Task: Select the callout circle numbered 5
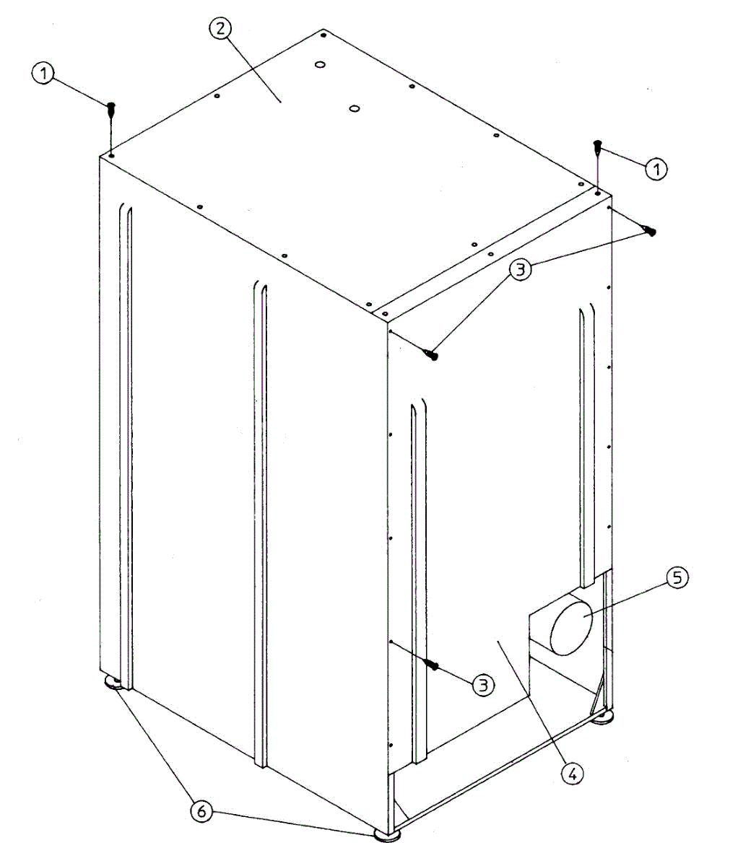click(x=677, y=578)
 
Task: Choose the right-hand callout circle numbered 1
click(x=656, y=170)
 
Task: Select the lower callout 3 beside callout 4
click(x=483, y=683)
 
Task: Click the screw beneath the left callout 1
click(x=111, y=110)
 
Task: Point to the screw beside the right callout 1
click(x=598, y=147)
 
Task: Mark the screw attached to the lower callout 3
click(x=433, y=664)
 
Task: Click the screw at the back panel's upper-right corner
click(x=650, y=232)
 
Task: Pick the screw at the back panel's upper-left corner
click(x=432, y=354)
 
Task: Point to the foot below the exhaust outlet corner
click(x=604, y=717)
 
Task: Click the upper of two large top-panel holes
click(x=318, y=65)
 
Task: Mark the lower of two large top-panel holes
click(x=354, y=108)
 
